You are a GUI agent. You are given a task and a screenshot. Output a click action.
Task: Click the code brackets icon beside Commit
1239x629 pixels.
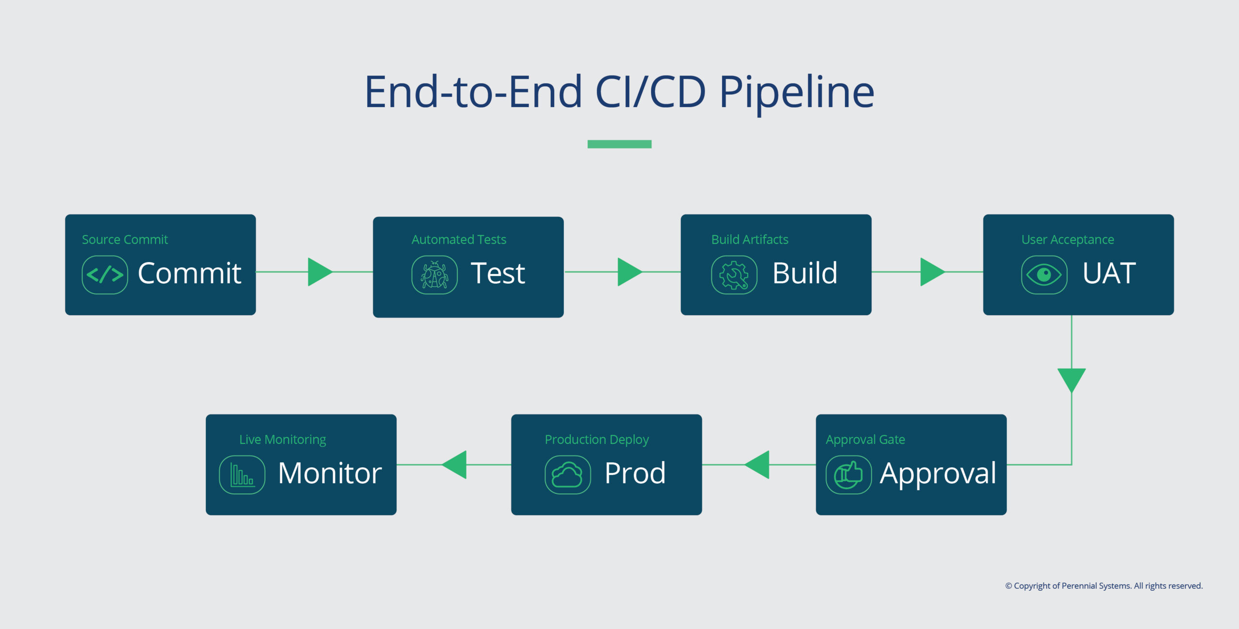point(105,275)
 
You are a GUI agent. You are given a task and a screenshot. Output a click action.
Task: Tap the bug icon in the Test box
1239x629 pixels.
point(434,275)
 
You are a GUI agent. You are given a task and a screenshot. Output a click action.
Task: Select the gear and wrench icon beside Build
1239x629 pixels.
point(734,275)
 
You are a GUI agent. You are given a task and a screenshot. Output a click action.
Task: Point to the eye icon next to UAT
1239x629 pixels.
point(1044,275)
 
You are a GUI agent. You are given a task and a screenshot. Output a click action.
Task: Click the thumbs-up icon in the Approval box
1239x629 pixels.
point(848,475)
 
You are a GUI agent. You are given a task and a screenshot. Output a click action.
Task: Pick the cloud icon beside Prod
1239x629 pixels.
point(567,475)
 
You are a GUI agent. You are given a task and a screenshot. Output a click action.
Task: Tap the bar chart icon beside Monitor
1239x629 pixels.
point(242,475)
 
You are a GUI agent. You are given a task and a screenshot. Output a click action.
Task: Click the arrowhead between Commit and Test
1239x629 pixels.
point(318,272)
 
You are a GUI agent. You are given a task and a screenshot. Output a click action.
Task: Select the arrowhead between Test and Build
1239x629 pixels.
point(628,272)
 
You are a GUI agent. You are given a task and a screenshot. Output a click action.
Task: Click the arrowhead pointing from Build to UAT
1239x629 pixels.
point(931,272)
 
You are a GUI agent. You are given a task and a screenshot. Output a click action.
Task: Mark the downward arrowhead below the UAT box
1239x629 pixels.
point(1072,379)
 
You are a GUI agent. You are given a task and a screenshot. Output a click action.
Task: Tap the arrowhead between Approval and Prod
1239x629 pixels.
point(758,465)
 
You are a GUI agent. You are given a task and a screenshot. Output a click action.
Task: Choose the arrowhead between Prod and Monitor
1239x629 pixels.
point(455,465)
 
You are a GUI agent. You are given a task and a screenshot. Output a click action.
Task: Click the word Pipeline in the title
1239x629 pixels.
point(797,92)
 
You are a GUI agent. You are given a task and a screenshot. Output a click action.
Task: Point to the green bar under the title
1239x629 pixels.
point(619,144)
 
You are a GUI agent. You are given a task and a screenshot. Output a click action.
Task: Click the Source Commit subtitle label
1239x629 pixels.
point(125,240)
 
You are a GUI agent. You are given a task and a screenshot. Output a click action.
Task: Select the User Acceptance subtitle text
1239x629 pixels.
point(1068,240)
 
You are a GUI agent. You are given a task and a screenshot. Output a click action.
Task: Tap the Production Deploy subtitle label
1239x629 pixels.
point(597,440)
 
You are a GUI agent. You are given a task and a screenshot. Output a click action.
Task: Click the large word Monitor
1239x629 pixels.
point(330,473)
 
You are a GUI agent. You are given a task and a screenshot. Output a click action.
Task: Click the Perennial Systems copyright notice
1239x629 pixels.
point(1104,586)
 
